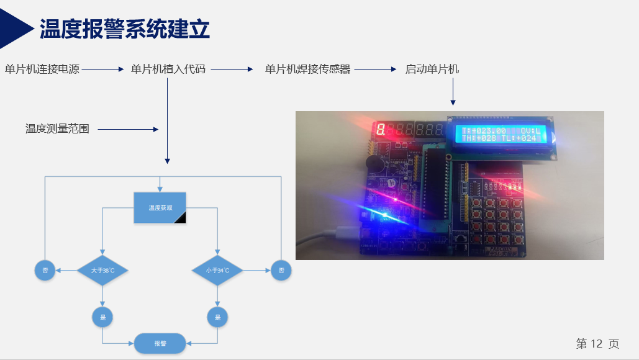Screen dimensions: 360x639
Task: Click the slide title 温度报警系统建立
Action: click(124, 29)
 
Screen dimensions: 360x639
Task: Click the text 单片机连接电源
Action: click(42, 70)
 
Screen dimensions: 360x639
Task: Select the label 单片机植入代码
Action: click(168, 70)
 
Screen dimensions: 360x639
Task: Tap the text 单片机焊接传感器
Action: click(307, 70)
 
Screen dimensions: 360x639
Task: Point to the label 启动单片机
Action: click(432, 70)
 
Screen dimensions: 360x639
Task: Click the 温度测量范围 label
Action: click(57, 129)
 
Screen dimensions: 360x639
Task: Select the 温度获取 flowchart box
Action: click(160, 208)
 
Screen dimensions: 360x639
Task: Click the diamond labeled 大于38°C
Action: click(102, 271)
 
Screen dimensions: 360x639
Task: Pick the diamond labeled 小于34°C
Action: click(217, 271)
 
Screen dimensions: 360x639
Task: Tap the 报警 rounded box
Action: click(160, 343)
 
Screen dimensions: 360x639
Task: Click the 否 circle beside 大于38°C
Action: click(45, 271)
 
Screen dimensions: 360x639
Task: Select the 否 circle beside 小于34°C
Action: click(281, 271)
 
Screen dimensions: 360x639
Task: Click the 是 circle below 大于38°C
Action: click(102, 317)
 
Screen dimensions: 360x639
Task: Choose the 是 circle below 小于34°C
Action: click(217, 317)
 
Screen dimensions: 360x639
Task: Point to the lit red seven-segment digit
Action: click(380, 130)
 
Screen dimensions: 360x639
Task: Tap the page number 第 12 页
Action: click(597, 344)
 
